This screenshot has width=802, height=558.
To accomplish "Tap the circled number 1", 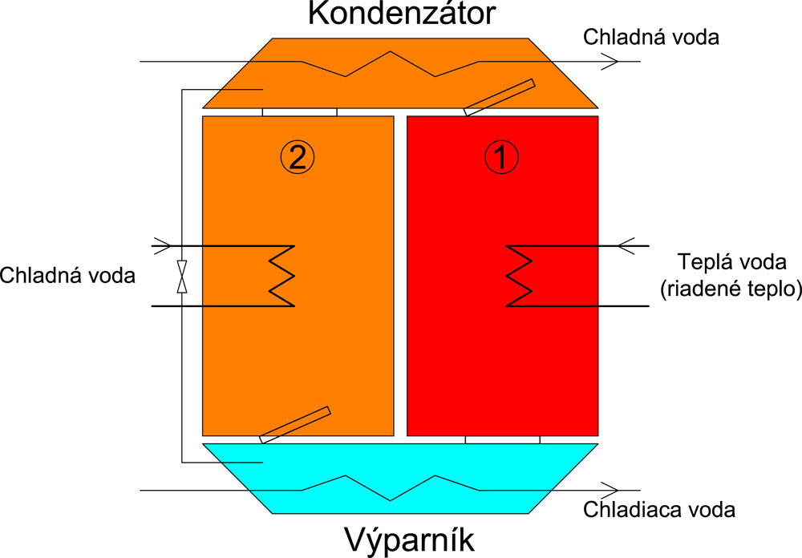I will pos(502,157).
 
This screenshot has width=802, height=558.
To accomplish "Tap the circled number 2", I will pos(297,157).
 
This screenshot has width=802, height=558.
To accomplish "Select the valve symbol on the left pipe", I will pos(183,275).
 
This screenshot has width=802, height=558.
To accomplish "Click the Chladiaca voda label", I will pos(659,509).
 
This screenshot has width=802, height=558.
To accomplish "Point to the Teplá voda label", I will pos(727,261).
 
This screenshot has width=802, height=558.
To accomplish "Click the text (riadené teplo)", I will pos(727,290).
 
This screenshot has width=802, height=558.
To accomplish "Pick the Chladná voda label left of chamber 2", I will pos(67,275).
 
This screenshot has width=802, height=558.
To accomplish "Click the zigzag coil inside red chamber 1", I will pos(518,275).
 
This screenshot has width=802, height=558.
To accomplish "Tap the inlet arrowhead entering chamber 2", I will pos(161,245).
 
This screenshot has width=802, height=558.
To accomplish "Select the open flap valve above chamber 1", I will pos(499,97).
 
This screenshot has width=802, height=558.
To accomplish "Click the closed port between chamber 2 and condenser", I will pos(300,112).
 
